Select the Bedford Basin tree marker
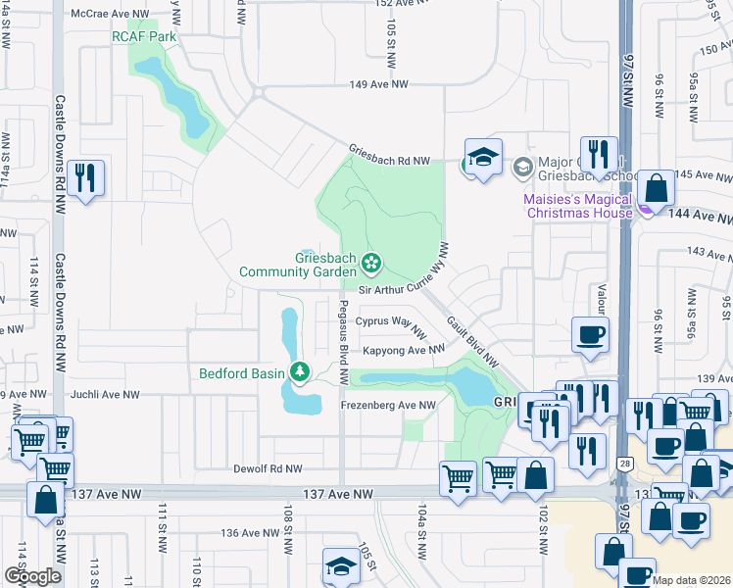coord(300,372)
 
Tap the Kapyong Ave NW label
coord(404,350)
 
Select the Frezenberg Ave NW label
coord(388,405)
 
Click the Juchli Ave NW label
coord(106,395)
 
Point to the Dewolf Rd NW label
coord(268,469)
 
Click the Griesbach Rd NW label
coord(390,159)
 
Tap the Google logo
coord(33,576)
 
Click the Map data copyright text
coord(692,580)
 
